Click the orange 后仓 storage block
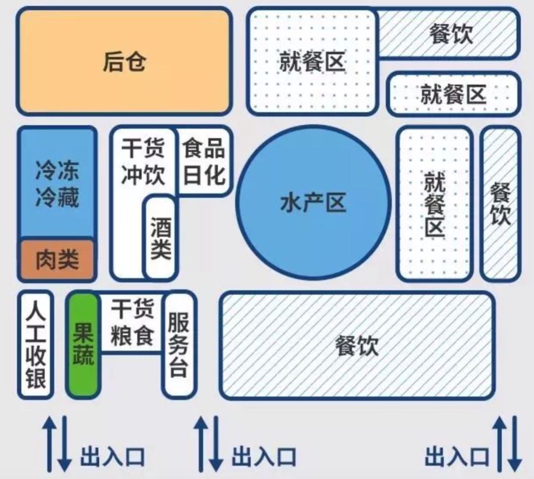pos(124,61)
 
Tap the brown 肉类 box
pos(57,260)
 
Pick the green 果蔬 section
pos(83,344)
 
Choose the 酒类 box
pos(160,238)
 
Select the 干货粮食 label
pos(132,323)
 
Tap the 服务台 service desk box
pos(178,344)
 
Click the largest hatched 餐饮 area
pos(356,345)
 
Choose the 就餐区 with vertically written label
pos(435,203)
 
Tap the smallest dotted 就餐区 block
pos(453,93)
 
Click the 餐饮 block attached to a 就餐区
pos(450,34)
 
